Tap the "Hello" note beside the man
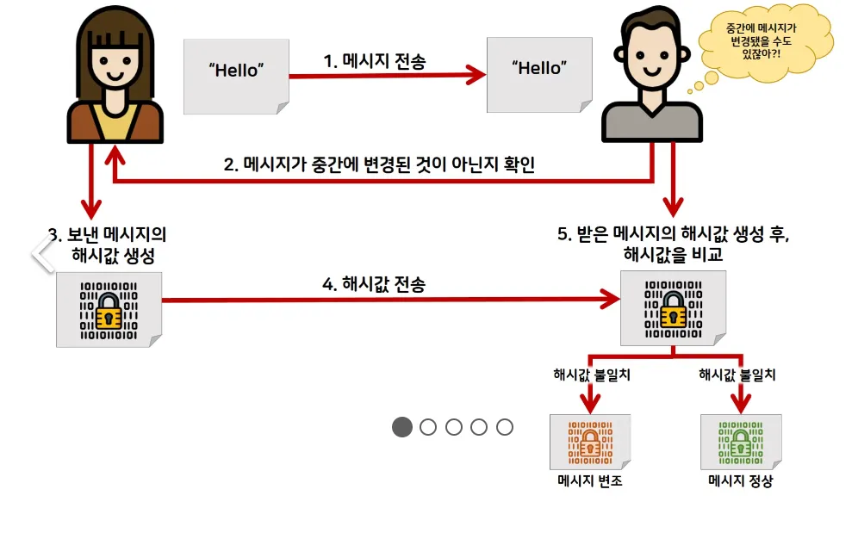[x=539, y=73]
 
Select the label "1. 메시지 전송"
[x=374, y=61]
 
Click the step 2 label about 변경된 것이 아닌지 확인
[x=379, y=164]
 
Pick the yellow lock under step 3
[x=109, y=311]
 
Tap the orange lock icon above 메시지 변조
[x=590, y=443]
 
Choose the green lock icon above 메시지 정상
[x=741, y=443]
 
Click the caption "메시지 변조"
[x=590, y=480]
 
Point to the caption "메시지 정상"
[x=741, y=480]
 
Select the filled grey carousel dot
[x=402, y=427]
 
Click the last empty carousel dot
[x=505, y=427]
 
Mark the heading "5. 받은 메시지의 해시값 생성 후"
[x=673, y=234]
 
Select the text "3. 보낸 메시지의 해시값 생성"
[x=109, y=245]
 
